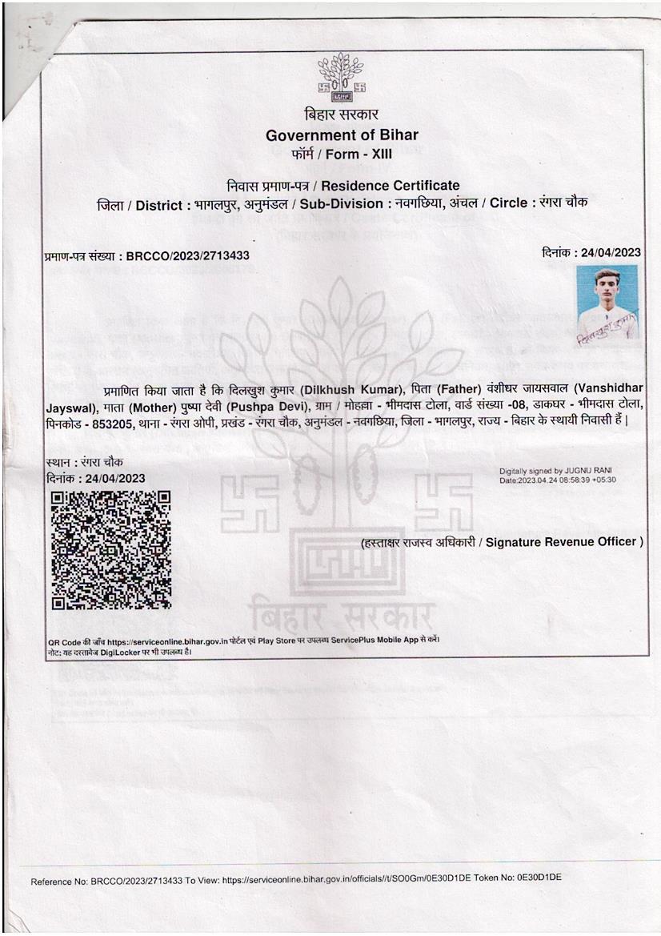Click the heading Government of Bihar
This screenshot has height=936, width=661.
coord(342,135)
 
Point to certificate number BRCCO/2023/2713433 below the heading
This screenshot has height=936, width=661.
coord(188,256)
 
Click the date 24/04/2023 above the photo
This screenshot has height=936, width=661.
coord(611,252)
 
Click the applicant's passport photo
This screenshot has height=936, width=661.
coord(607,303)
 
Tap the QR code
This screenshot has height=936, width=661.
coord(110,549)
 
